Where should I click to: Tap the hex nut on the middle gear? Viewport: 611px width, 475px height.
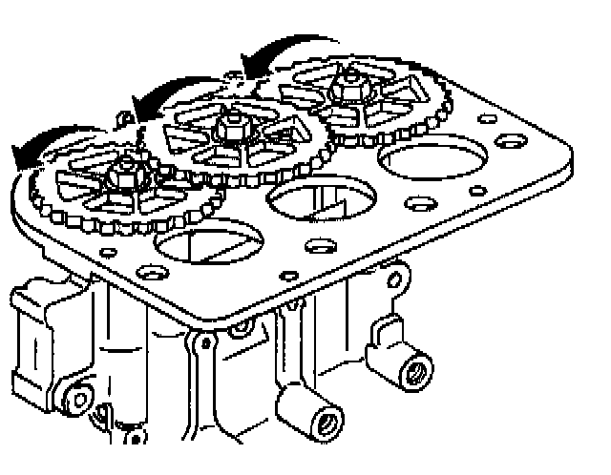click(x=229, y=125)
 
